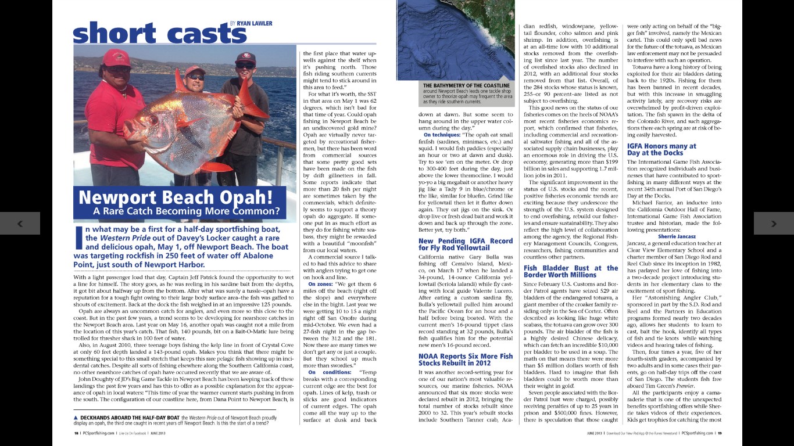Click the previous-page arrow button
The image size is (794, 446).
[20, 223]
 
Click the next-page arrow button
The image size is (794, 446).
[774, 223]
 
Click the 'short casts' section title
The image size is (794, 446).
[151, 33]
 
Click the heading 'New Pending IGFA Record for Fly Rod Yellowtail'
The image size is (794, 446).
[466, 244]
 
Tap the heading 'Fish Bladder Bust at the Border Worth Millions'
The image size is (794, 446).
[570, 271]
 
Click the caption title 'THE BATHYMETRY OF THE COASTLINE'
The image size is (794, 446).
[467, 85]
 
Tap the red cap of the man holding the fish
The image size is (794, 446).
[117, 57]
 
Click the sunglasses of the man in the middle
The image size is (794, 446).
[195, 77]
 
